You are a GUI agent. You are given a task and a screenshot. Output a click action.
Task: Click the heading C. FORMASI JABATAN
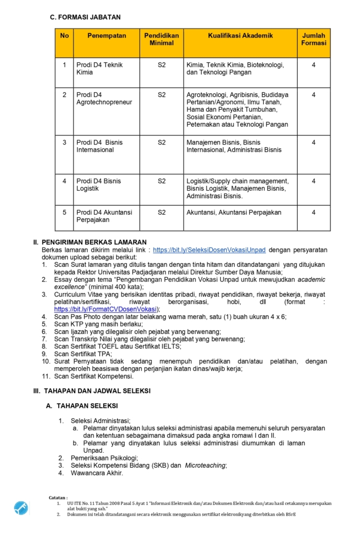tap(85, 18)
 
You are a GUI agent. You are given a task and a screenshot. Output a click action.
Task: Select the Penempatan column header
tap(106, 36)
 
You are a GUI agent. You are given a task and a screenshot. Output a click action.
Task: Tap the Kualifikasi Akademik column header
tap(240, 36)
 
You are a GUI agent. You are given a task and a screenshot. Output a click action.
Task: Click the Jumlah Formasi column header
tap(313, 39)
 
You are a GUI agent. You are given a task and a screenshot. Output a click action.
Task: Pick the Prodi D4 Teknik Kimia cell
tap(99, 68)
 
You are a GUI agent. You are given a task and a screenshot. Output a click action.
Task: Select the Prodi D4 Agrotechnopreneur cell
tap(104, 98)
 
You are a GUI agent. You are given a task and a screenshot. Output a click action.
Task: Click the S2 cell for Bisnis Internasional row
tap(162, 142)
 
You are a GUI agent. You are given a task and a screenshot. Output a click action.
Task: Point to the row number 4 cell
tap(64, 181)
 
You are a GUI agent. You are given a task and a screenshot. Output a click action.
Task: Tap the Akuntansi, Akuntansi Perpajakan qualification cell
tap(234, 212)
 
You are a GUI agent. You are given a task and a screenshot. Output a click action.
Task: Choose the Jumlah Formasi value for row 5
tap(313, 212)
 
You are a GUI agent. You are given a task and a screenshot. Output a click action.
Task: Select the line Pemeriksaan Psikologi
tap(104, 458)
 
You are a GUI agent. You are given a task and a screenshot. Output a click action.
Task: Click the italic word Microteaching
tap(205, 465)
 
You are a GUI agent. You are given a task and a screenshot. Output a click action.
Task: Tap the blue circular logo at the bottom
tap(21, 508)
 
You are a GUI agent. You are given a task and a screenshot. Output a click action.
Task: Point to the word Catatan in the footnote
tap(58, 498)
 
